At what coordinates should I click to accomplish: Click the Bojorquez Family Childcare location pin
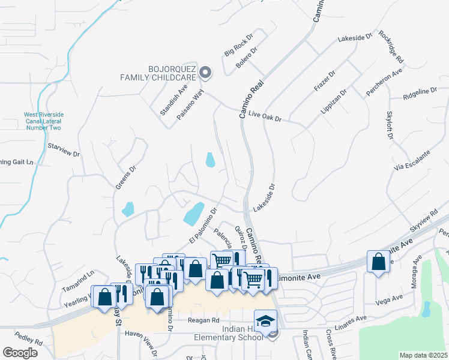coord(205,73)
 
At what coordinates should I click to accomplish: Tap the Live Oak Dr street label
coord(265,116)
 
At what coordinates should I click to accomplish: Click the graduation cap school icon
coord(265,320)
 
